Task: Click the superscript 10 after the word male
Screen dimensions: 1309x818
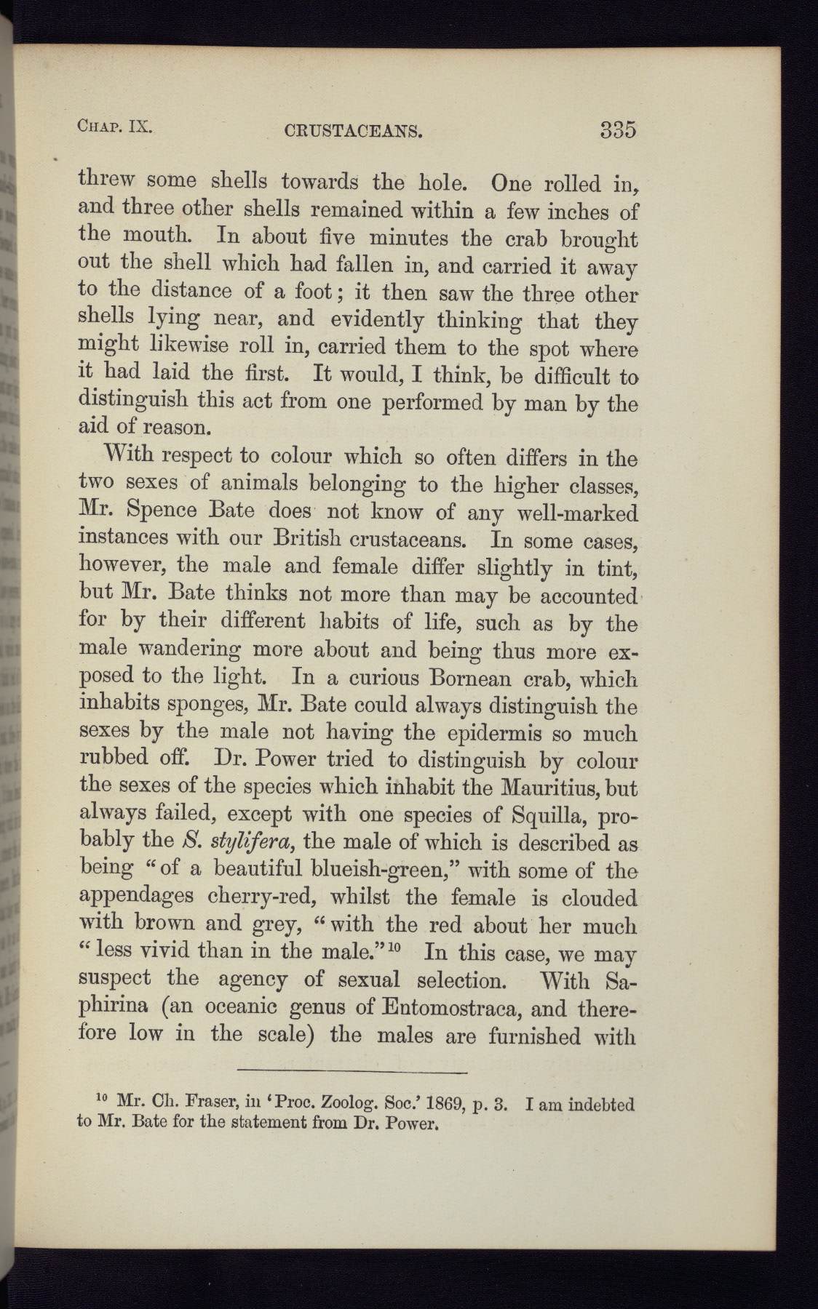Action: tap(396, 946)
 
